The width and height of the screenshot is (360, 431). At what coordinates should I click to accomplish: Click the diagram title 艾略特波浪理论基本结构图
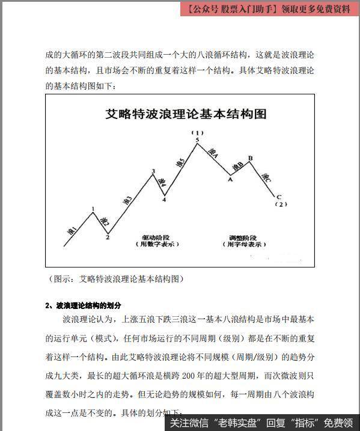(186, 114)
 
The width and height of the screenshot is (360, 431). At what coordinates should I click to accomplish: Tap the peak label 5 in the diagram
(197, 140)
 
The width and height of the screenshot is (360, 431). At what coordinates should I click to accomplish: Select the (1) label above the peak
(198, 132)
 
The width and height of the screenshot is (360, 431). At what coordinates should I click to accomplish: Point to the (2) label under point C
(281, 204)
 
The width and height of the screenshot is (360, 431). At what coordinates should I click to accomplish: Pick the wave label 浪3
(126, 200)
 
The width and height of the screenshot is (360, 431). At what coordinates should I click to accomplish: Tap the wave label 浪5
(180, 162)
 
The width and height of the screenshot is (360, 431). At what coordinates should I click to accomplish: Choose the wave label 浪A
(213, 154)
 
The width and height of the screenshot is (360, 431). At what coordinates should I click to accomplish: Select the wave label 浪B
(237, 165)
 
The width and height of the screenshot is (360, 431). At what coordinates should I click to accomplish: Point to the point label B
(250, 157)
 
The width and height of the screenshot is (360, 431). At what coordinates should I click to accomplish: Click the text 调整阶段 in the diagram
(243, 237)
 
